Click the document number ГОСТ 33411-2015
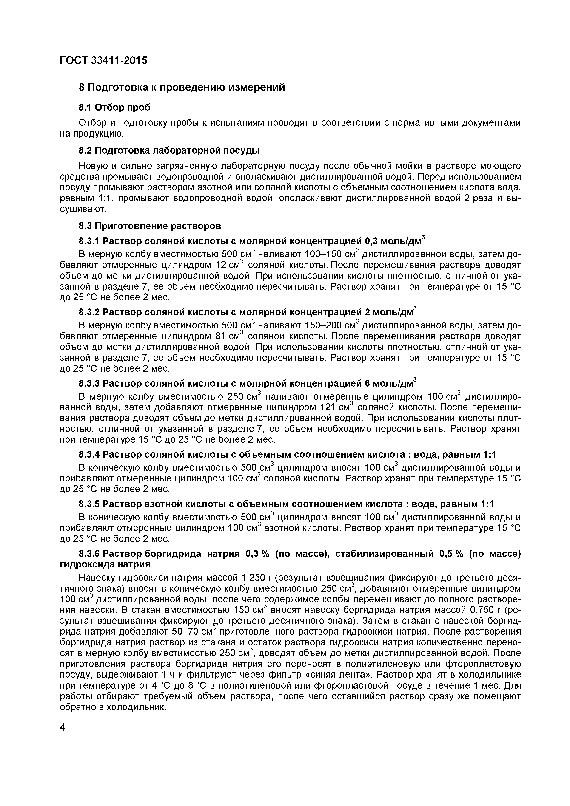pos(103,61)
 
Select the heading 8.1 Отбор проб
pos(114,107)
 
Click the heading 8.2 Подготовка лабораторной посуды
pos(169,151)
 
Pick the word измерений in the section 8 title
pos(256,87)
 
